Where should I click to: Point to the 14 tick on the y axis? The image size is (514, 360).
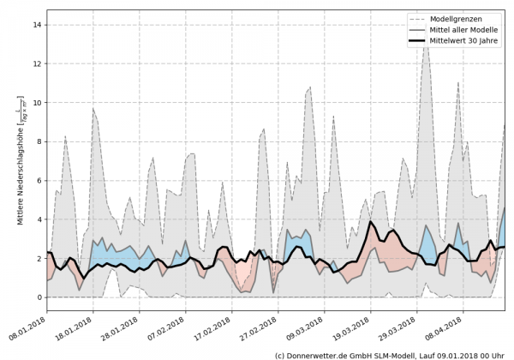pos(38,25)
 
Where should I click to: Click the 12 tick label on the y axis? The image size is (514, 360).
pos(38,63)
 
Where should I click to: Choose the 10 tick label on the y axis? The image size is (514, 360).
pos(38,103)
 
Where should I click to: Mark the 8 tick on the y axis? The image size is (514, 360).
pos(39,141)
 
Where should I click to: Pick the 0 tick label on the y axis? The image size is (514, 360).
pos(39,297)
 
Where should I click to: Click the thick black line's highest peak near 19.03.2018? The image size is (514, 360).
pos(371,222)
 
